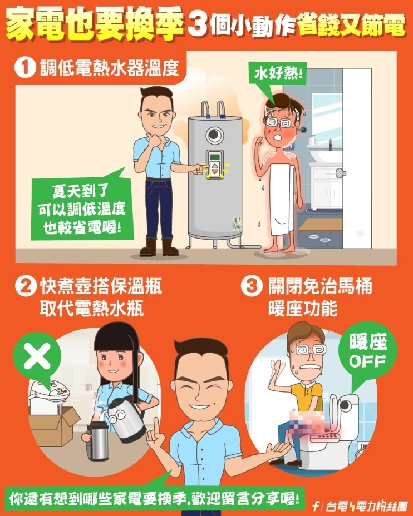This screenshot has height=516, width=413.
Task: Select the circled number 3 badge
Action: coord(251,287)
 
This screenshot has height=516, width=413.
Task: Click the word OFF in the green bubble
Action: coord(367,361)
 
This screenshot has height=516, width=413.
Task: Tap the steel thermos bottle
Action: coord(97,441)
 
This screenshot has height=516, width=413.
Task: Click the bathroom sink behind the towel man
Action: coord(325,154)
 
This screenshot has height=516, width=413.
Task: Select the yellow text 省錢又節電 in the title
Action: coord(350,26)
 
